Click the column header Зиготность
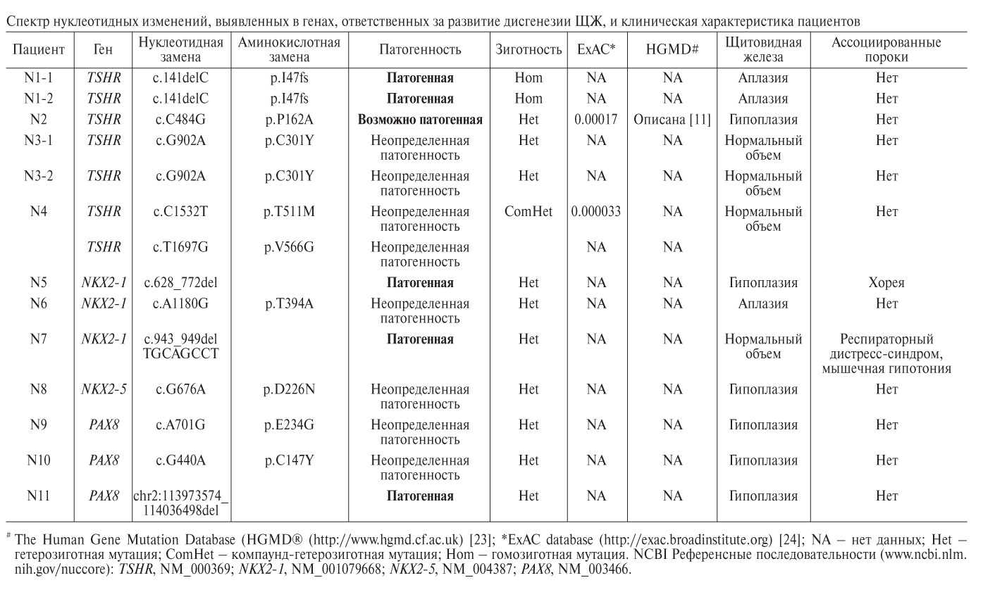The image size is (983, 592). [528, 49]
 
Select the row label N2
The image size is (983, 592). [39, 120]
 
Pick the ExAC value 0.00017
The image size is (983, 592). [596, 120]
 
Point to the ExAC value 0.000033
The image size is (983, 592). [596, 211]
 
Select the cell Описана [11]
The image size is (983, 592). [673, 120]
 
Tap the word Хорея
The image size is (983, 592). [886, 283]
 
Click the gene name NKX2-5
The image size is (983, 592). [104, 389]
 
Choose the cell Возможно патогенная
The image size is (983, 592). [420, 120]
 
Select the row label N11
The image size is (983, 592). [39, 496]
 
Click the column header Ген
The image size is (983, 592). [104, 49]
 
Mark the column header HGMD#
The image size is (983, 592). [673, 49]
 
